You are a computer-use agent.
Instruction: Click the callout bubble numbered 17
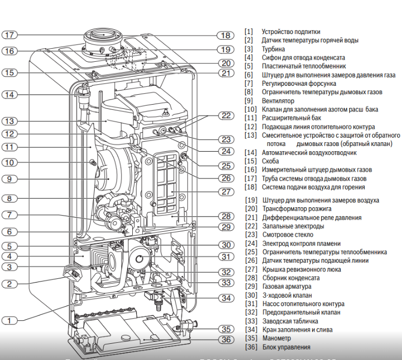point(10,35)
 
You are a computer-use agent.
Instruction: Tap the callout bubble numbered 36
point(225,339)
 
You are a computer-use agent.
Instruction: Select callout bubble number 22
point(225,116)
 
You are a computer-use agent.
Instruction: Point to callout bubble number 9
point(10,178)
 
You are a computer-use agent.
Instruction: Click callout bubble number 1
point(10,320)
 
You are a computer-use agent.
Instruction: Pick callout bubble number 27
point(225,192)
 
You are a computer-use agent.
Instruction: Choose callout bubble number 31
point(225,257)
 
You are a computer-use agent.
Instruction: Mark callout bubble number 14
point(10,95)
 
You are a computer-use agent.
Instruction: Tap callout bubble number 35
point(225,329)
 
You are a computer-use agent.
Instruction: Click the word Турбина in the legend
point(273,49)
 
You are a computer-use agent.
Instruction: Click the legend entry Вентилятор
point(278,100)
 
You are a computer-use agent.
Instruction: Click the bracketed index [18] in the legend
point(251,187)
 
